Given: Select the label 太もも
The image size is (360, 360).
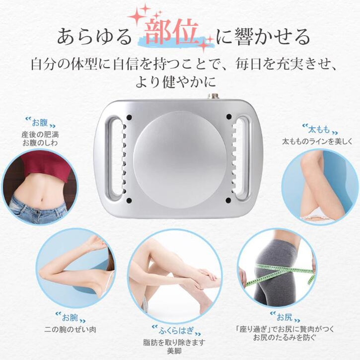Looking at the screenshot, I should click(319, 130).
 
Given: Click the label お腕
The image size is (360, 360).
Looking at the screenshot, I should click(70, 317).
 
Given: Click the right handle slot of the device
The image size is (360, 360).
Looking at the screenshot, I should click(244, 158).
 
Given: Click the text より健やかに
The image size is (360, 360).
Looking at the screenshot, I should click(179, 81).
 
